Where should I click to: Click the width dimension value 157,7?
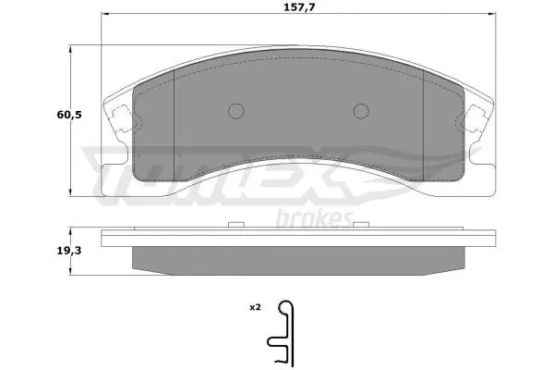coord(296,7)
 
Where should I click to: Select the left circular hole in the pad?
coord(235,111)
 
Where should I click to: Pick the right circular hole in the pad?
coord(361,111)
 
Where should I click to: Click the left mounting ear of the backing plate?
coord(117,118)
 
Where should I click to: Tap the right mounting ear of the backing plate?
coord(477,118)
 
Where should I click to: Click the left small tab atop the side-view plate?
coord(233,224)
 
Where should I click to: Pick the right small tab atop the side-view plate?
coord(359,224)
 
